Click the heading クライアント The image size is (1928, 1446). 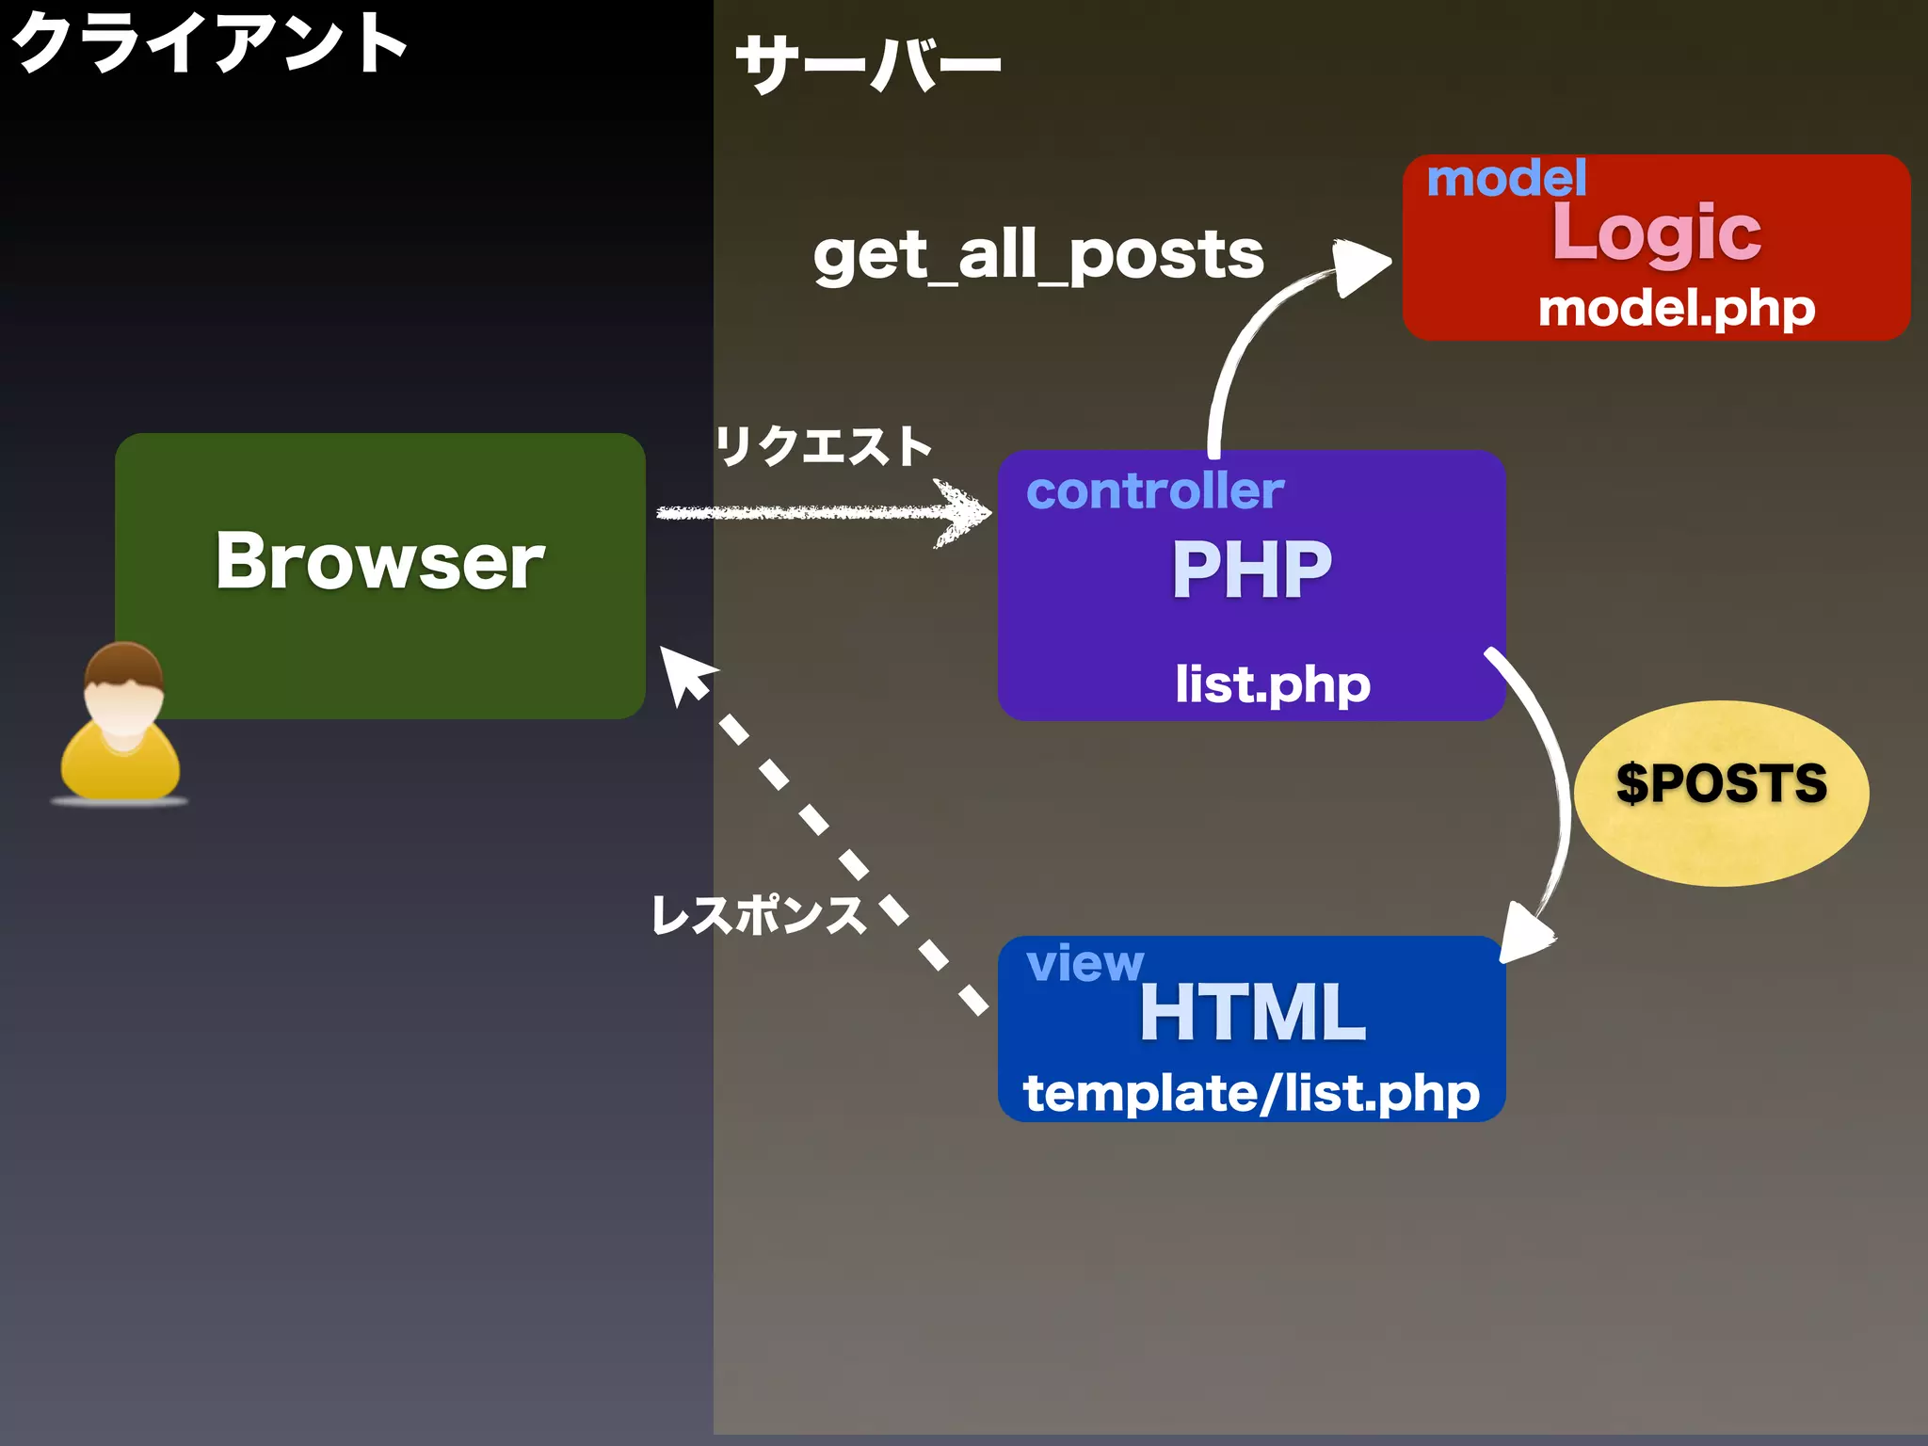[209, 43]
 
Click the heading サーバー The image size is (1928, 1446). [867, 64]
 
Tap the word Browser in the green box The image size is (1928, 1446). [379, 562]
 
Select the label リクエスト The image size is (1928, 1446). [823, 445]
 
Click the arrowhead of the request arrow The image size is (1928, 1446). [970, 513]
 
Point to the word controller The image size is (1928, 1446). [1154, 490]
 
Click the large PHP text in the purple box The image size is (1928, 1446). [1251, 570]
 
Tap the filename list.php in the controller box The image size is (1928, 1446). [1272, 684]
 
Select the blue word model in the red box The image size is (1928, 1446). [1506, 178]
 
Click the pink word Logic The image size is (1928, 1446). [1656, 233]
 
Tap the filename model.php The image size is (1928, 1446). [1676, 309]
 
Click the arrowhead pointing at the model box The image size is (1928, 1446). [1360, 266]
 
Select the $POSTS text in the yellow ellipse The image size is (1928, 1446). [1721, 783]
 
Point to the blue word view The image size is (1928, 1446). [1084, 963]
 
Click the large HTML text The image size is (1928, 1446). [1251, 1013]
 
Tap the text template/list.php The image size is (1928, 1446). [1251, 1094]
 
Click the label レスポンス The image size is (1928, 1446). [759, 915]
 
